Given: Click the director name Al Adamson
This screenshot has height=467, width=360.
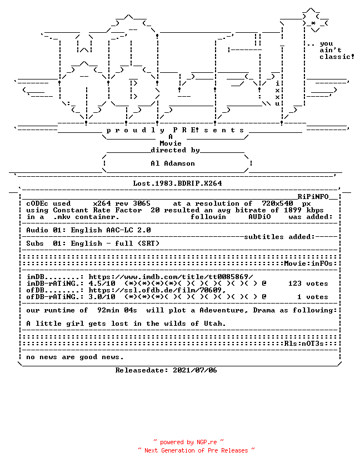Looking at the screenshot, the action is [173, 163].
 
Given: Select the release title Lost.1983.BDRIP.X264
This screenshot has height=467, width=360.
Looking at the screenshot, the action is [177, 183].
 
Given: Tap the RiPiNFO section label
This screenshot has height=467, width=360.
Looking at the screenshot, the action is [313, 197].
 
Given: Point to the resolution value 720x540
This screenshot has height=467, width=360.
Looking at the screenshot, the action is [277, 203].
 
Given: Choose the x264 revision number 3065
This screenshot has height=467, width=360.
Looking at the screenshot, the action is [141, 203].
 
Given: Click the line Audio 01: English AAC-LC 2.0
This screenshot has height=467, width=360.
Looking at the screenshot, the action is [88, 230].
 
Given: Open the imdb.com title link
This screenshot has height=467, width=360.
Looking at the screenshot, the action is [171, 277].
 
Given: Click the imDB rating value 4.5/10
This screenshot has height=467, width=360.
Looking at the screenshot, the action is [102, 284].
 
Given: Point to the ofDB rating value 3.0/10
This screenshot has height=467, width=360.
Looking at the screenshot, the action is [102, 297].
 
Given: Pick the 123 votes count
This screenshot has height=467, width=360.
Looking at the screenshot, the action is [308, 284].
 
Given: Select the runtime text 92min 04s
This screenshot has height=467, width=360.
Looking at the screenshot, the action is [117, 310].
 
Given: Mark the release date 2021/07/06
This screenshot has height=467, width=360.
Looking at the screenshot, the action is [195, 370].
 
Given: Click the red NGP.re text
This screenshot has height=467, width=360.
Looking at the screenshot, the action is [207, 443].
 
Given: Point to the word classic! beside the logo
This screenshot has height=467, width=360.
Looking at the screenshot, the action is [337, 57].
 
